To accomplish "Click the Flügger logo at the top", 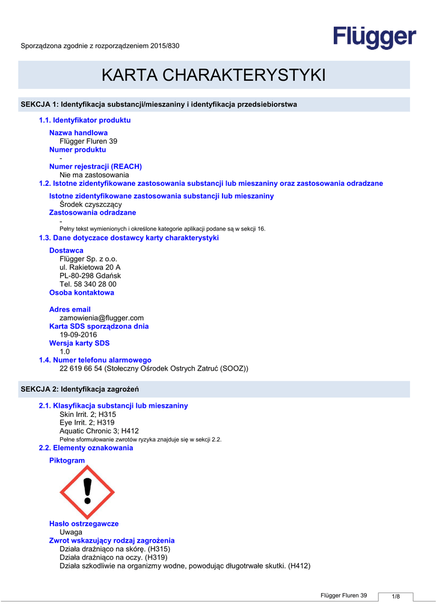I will coord(375,38).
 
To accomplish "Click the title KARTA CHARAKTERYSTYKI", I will coord(213,75).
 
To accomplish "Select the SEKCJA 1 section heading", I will coord(159,105).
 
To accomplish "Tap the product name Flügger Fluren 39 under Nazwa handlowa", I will coord(88,141).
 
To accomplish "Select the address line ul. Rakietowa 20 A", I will coord(90,267).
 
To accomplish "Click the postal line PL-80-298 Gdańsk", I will coord(90,276).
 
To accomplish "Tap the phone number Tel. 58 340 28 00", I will coord(88,284).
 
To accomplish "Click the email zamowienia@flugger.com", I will coord(102,318).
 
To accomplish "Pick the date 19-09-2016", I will coord(78,334).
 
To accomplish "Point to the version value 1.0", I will coord(65,351).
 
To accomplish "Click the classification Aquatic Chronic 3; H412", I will coord(99,431).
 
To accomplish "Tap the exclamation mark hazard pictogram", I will coord(87,491).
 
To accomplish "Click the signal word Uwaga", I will coord(71,532).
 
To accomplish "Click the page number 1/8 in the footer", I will coord(396,596).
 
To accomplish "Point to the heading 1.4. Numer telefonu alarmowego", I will coord(95,360).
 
